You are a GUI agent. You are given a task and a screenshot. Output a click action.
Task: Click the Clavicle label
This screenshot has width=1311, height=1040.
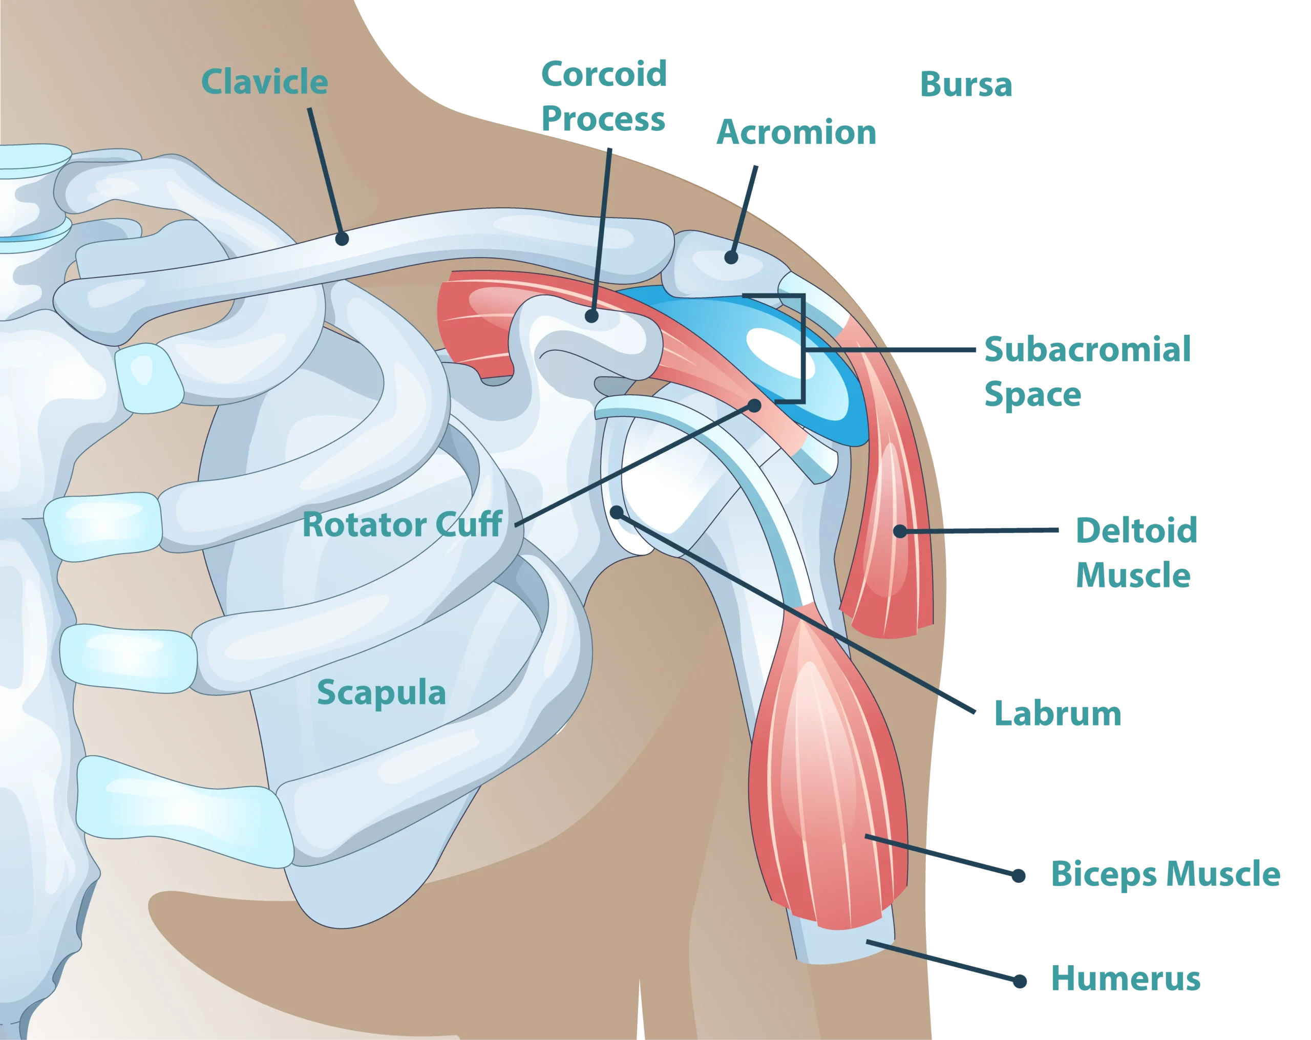pyautogui.click(x=265, y=81)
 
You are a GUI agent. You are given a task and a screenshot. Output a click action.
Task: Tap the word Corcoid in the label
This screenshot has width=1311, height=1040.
pyautogui.click(x=604, y=74)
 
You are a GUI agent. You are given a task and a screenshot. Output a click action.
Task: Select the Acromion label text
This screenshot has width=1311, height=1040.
pyautogui.click(x=796, y=133)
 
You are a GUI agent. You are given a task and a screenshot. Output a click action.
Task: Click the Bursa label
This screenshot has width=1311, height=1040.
pyautogui.click(x=964, y=84)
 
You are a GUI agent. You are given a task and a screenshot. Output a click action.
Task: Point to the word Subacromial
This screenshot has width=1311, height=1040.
pyautogui.click(x=1087, y=349)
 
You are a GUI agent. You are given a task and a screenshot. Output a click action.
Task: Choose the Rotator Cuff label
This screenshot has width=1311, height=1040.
pyautogui.click(x=402, y=524)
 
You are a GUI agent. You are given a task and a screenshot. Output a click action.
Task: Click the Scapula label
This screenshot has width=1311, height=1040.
pyautogui.click(x=381, y=692)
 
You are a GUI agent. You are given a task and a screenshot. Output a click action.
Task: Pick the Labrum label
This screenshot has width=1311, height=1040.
pyautogui.click(x=1058, y=713)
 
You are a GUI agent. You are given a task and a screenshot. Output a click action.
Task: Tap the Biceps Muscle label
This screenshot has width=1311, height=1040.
pyautogui.click(x=1165, y=874)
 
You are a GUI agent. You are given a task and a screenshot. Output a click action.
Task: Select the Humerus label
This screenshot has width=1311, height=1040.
pyautogui.click(x=1125, y=978)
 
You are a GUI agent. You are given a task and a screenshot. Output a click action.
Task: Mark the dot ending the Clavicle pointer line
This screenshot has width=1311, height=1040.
pyautogui.click(x=342, y=239)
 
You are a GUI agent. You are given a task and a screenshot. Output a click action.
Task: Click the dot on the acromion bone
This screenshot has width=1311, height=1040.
pyautogui.click(x=731, y=257)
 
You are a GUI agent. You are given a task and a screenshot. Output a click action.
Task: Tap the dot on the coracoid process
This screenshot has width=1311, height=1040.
pyautogui.click(x=591, y=315)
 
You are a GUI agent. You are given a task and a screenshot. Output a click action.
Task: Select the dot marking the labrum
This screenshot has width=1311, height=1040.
pyautogui.click(x=617, y=513)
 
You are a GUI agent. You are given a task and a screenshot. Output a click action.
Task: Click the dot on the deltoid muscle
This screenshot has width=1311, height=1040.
pyautogui.click(x=900, y=531)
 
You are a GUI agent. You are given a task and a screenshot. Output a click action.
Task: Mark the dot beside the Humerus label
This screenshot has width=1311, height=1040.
pyautogui.click(x=1021, y=981)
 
